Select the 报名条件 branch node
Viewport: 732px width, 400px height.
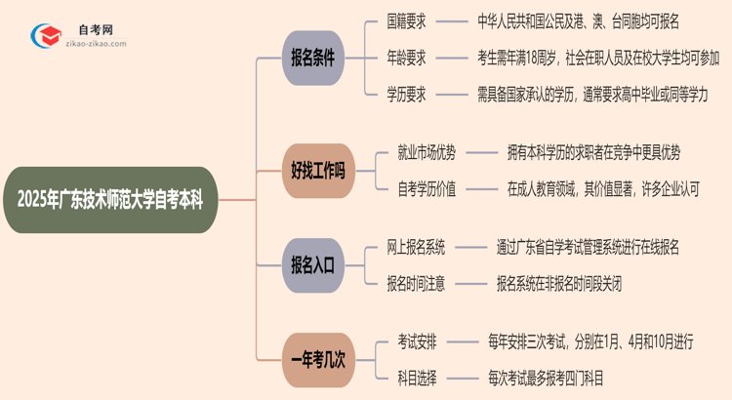(x=312, y=58)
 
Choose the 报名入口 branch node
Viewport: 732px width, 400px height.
(x=312, y=264)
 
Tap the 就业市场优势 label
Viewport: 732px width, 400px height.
(x=427, y=152)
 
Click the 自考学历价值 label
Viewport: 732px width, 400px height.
(x=427, y=188)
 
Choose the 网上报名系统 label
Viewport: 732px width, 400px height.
(x=427, y=248)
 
